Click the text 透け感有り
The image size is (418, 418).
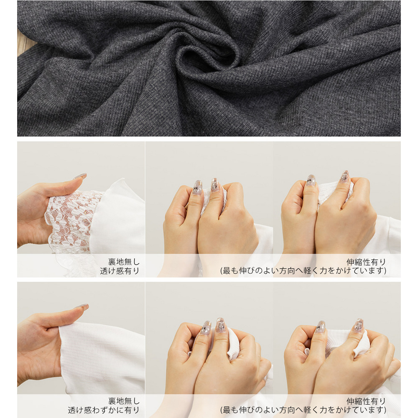coord(120,271)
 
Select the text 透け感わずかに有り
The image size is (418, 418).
coord(104,410)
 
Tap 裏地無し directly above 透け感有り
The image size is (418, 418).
coord(124,262)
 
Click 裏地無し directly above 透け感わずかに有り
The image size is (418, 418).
coord(124,401)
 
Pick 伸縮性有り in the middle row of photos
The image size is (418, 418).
coord(366,262)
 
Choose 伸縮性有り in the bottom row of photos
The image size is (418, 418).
coord(366,401)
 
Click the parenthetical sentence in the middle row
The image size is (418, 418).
coord(303,271)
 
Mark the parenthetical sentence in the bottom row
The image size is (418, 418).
coord(303,410)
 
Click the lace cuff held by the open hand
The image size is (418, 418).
coord(72,219)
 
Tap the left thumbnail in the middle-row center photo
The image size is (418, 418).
coord(198,187)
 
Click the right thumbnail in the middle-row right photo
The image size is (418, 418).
coord(345,176)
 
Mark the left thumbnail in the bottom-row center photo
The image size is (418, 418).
coord(206,328)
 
